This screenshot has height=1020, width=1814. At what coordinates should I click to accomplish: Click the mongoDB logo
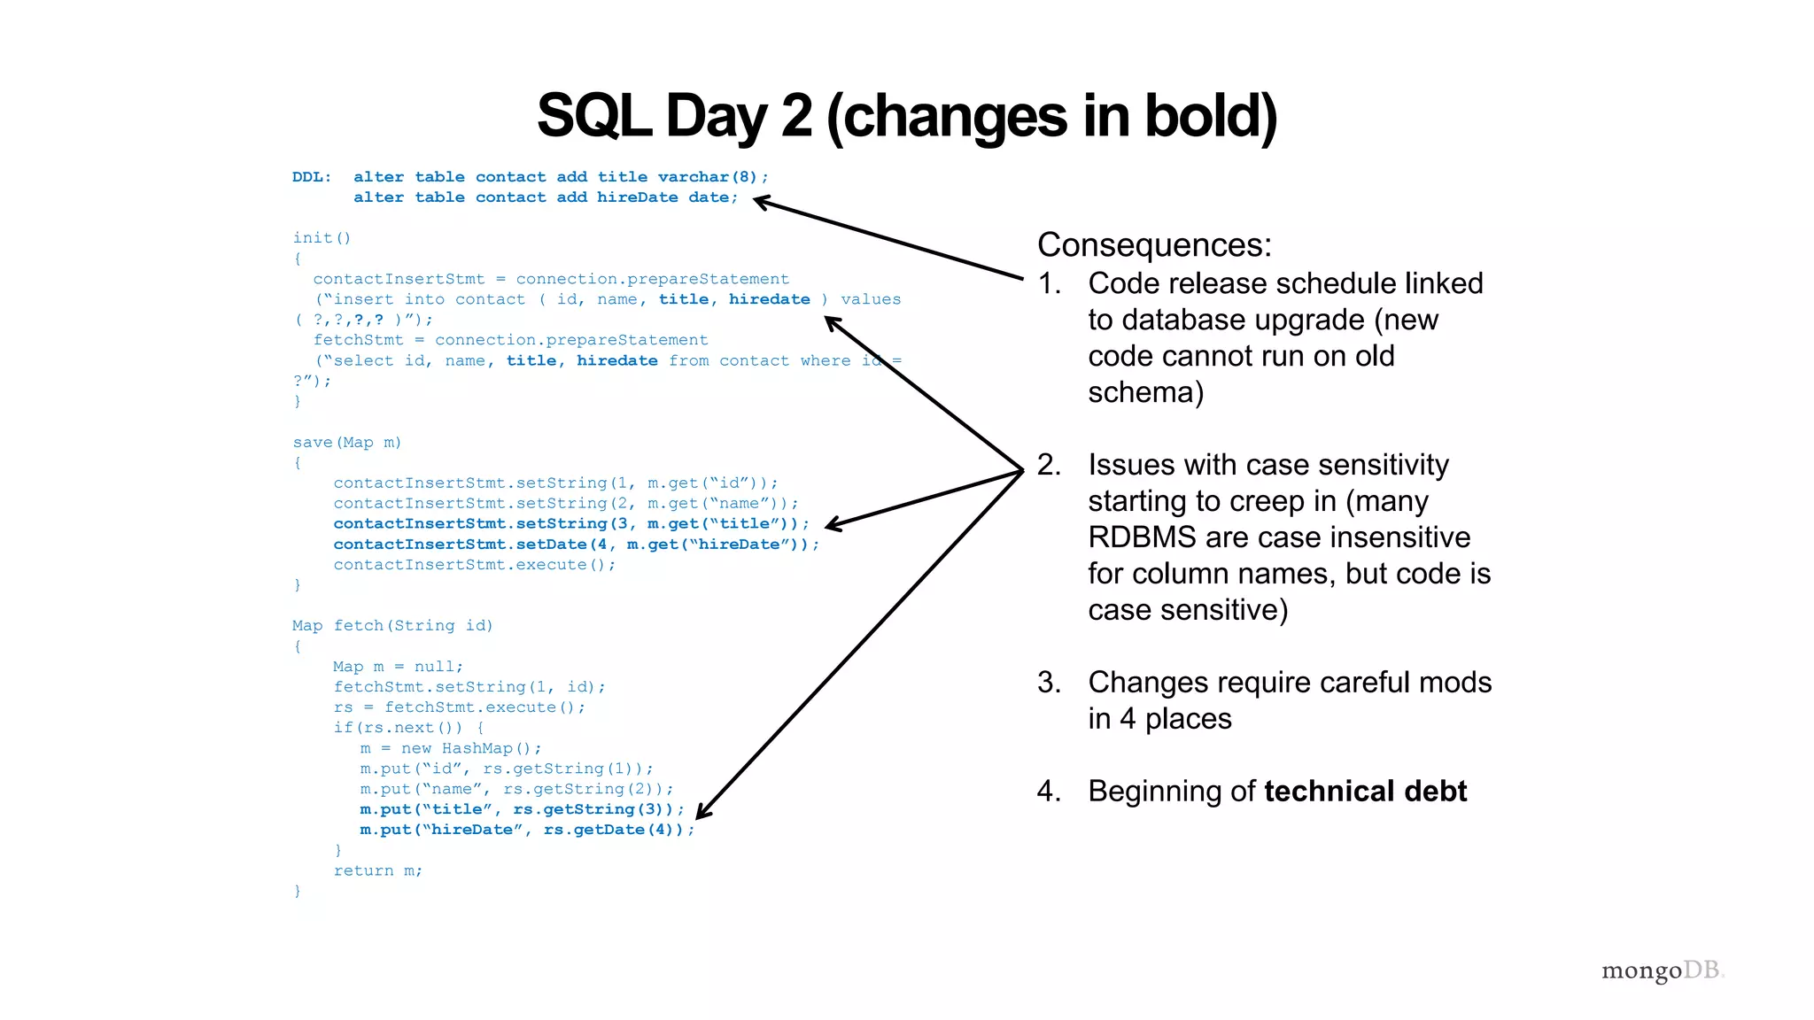(1662, 970)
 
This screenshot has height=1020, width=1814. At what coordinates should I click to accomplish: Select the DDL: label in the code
(312, 177)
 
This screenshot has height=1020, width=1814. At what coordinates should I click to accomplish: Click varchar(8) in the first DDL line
(708, 177)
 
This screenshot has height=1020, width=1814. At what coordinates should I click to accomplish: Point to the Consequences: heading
(1154, 245)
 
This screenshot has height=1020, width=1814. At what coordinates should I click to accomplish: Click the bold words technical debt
(1365, 791)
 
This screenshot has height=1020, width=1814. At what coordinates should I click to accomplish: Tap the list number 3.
(1049, 683)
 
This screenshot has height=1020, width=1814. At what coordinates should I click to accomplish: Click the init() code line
(322, 238)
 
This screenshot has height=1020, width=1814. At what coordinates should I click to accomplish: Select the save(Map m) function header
(347, 443)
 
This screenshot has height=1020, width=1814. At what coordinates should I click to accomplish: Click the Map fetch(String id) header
(392, 626)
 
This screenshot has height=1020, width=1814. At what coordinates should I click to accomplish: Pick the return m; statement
(378, 871)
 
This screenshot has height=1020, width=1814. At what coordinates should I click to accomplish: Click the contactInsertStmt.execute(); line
(475, 565)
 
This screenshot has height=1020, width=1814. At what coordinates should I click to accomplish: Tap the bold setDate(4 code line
(576, 545)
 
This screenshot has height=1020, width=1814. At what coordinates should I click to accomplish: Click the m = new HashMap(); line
(451, 749)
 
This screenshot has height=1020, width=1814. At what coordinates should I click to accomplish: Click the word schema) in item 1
(1145, 392)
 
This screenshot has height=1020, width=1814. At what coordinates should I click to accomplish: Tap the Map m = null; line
(398, 667)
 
